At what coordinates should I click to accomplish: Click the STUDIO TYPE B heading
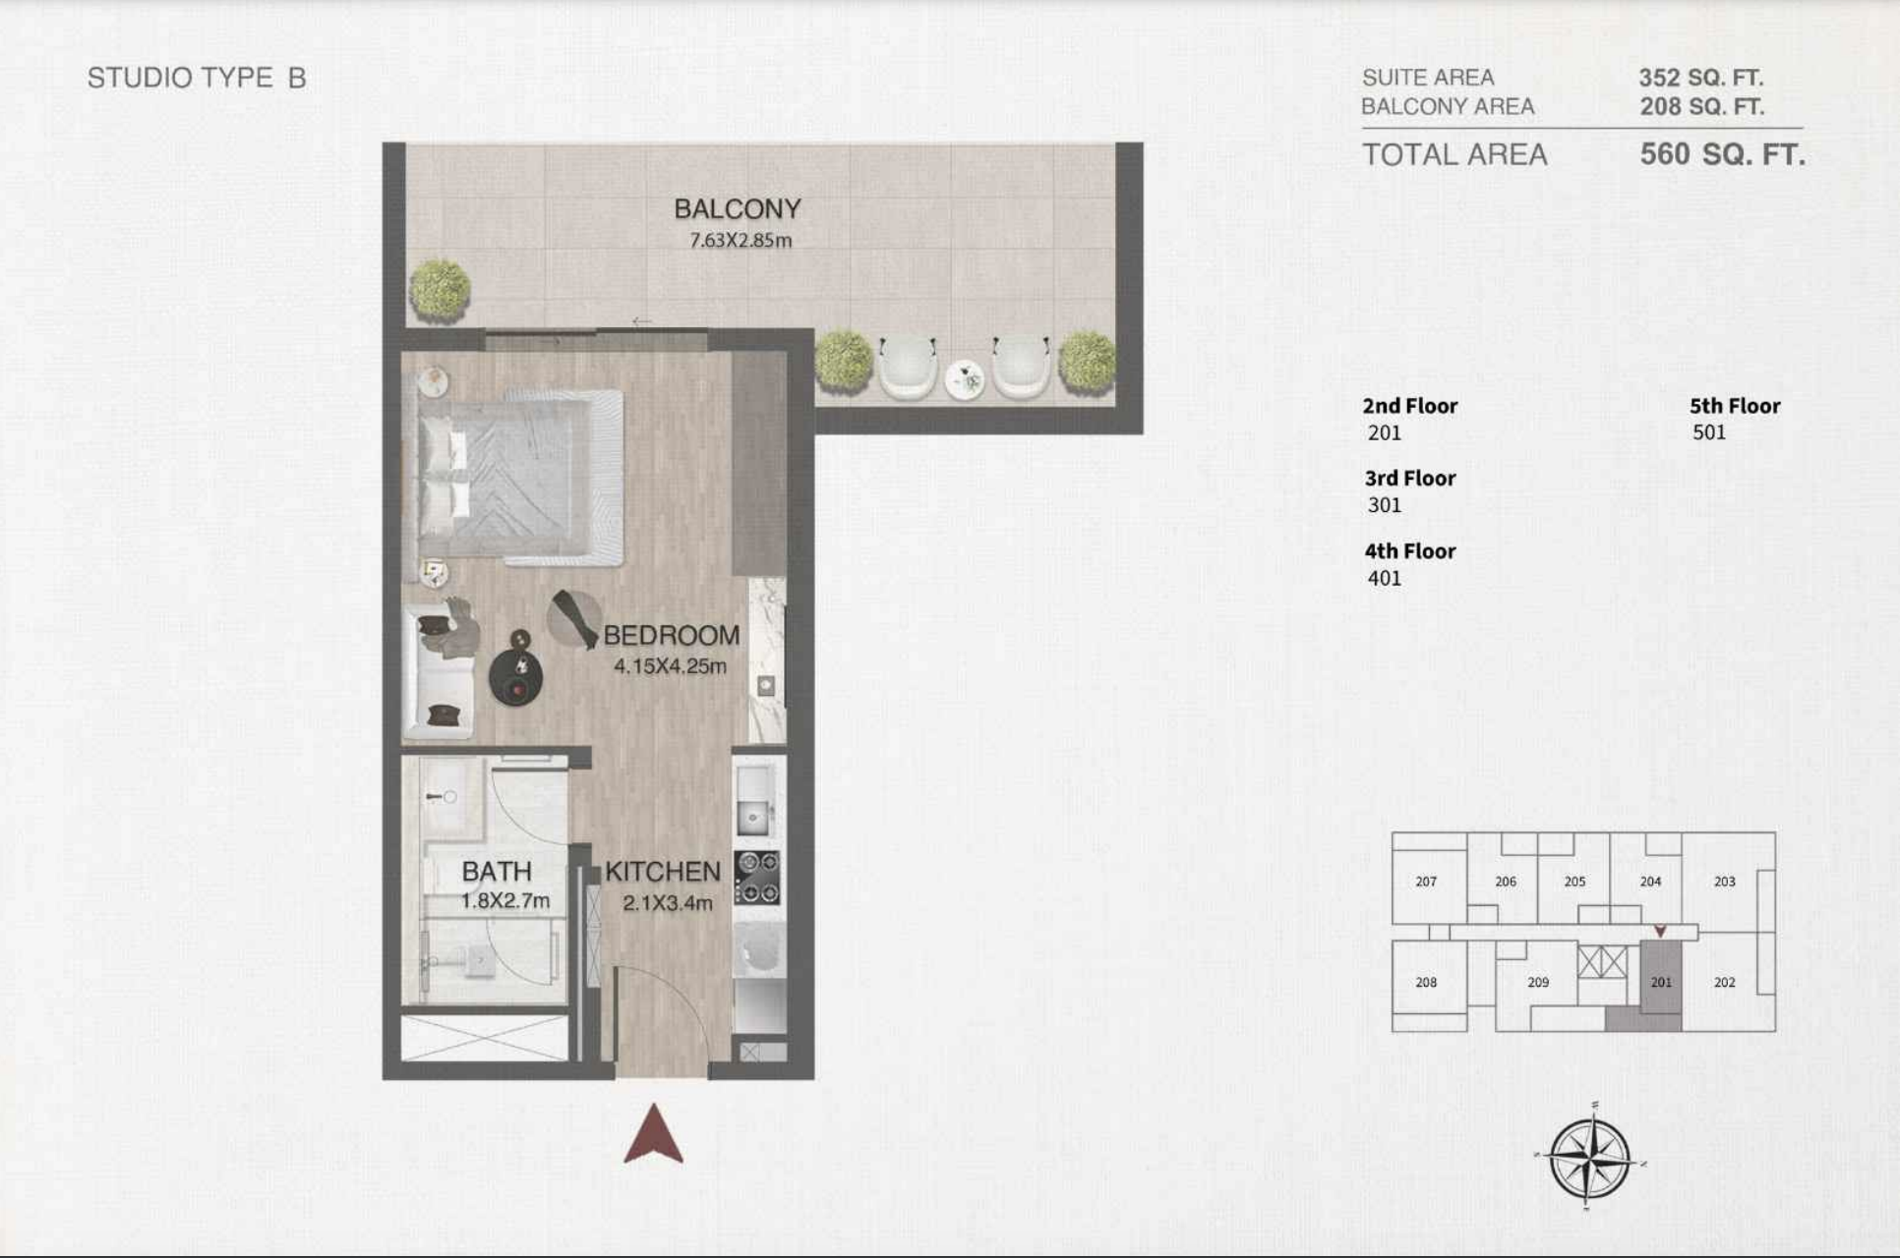(x=197, y=78)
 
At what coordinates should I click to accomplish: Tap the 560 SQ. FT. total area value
(x=1722, y=154)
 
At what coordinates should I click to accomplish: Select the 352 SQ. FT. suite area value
(x=1700, y=78)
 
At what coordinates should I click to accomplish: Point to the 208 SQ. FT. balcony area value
(x=1701, y=106)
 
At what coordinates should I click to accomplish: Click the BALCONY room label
(x=738, y=208)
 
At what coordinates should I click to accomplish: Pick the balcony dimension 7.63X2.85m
(x=741, y=240)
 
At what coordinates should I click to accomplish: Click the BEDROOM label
(x=672, y=635)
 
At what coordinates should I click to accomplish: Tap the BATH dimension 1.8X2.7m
(x=505, y=900)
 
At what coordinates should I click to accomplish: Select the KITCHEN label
(x=663, y=871)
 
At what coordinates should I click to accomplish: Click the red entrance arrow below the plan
(x=653, y=1134)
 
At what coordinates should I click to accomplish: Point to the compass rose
(x=1589, y=1157)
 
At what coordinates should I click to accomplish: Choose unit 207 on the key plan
(x=1426, y=882)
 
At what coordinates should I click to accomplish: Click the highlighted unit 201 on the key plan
(x=1661, y=982)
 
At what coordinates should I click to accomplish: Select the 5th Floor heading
(x=1735, y=406)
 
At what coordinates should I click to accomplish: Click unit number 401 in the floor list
(x=1385, y=578)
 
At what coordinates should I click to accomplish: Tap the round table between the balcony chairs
(x=965, y=380)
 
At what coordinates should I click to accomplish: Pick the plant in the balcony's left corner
(x=440, y=290)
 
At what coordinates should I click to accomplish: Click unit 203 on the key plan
(x=1725, y=882)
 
